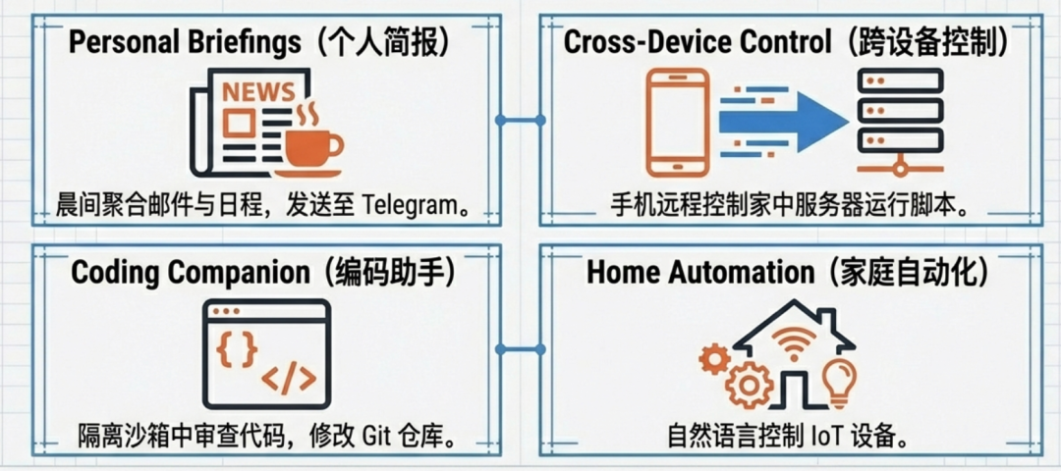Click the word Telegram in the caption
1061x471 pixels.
[409, 206]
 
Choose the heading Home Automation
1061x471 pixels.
[700, 272]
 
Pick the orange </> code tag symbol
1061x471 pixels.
[289, 378]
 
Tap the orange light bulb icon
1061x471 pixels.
[838, 381]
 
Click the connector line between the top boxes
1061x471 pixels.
[521, 120]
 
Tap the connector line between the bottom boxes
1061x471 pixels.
[521, 348]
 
